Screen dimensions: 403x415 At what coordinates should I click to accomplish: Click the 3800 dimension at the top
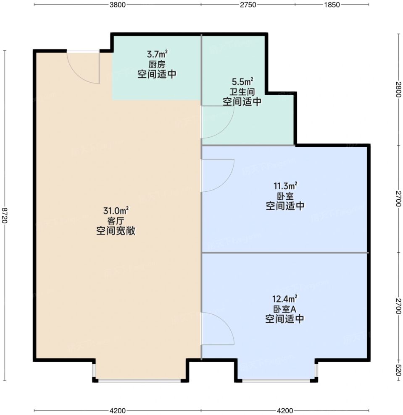pos(117,5)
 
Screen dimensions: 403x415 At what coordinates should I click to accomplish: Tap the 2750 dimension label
pos(248,5)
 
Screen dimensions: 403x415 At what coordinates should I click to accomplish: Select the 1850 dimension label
pos(332,5)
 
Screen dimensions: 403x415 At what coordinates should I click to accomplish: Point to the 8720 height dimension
pos(5,215)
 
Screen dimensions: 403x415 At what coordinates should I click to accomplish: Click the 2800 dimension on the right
pos(398,89)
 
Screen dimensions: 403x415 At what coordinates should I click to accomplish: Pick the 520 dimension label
pos(398,370)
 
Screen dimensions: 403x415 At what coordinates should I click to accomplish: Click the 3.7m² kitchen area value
pos(157,55)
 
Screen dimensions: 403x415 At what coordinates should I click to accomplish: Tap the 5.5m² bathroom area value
pos(242,81)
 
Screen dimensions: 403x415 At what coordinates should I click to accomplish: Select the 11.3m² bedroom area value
pos(285,186)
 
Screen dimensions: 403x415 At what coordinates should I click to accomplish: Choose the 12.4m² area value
pos(285,299)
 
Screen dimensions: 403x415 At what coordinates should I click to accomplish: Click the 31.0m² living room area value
pos(116,211)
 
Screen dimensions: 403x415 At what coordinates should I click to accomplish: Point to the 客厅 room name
pos(116,221)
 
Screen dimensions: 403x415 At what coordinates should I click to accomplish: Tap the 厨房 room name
pos(157,64)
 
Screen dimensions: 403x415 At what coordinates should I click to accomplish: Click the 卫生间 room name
pos(242,91)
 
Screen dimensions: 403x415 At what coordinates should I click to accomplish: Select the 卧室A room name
pos(285,309)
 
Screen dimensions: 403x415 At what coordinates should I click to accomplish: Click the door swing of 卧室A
pos(229,324)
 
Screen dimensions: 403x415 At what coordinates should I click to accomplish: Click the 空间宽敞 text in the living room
pos(116,231)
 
